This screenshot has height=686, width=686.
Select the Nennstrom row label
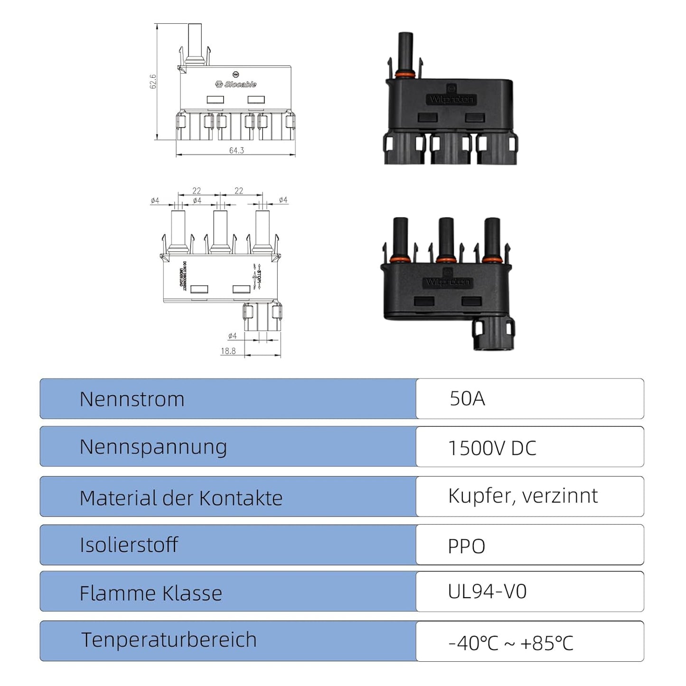(x=132, y=399)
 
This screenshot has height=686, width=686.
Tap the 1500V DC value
(x=492, y=448)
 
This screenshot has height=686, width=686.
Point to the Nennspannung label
(x=153, y=447)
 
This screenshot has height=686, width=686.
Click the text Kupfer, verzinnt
(x=523, y=496)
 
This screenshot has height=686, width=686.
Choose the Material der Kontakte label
(x=181, y=498)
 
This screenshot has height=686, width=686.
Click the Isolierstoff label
(x=129, y=545)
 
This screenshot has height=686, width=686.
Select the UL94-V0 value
(x=487, y=592)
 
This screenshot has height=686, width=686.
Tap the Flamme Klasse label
(x=150, y=593)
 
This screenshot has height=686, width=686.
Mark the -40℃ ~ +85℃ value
(x=511, y=643)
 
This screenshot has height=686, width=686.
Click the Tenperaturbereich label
(x=169, y=640)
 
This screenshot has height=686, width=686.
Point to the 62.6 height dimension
(x=153, y=81)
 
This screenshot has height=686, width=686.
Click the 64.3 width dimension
(x=236, y=150)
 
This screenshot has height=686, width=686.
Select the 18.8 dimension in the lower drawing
(x=228, y=351)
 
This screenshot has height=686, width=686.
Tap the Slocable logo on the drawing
(x=236, y=85)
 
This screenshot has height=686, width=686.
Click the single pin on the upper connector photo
(x=405, y=50)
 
